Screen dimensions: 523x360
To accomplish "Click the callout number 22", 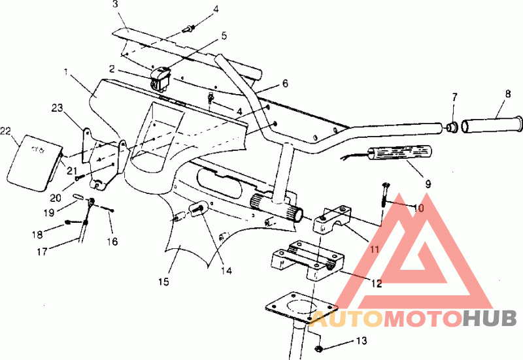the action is click(x=7, y=133).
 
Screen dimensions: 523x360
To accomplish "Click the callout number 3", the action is click(x=115, y=5).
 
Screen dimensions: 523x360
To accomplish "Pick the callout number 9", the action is click(x=428, y=185).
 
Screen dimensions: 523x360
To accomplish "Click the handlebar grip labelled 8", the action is click(x=492, y=123).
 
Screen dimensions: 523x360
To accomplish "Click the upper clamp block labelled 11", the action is click(x=332, y=220).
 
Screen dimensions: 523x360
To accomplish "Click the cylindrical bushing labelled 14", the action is click(x=197, y=209).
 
